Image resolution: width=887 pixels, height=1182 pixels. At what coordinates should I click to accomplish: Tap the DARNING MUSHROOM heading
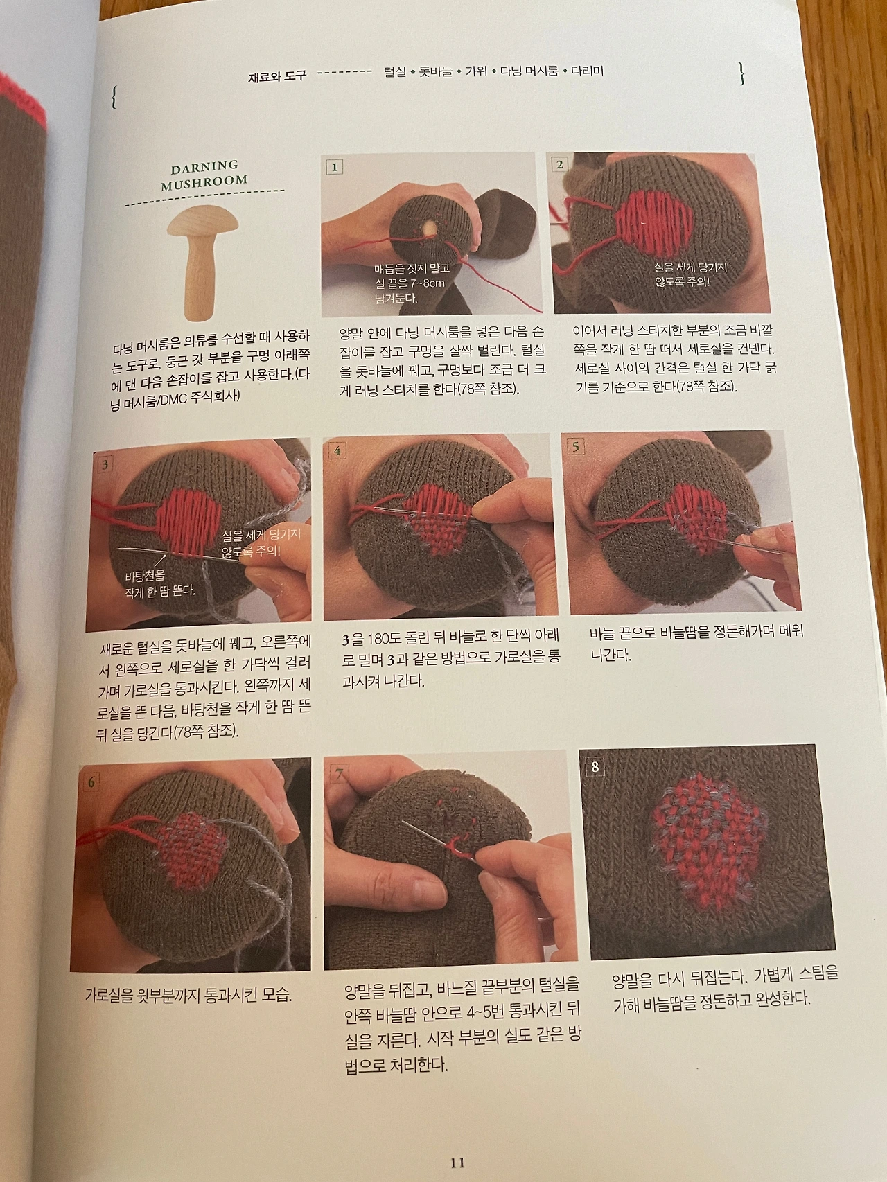204,173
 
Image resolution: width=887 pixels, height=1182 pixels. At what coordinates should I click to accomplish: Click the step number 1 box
334,166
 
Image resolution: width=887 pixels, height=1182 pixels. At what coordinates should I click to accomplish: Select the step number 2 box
559,164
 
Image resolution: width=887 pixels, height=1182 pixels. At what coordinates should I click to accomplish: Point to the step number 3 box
104,464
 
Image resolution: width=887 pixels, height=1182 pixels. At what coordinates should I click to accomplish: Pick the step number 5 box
576,446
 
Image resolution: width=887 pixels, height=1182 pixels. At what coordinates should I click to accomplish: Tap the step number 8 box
595,766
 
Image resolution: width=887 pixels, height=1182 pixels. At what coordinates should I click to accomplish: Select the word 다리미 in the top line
588,71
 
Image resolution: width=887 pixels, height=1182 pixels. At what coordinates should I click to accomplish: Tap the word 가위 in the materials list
476,71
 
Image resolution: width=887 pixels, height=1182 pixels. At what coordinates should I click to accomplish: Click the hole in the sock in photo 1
430,227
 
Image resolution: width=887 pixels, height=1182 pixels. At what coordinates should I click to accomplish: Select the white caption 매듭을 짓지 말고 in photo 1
412,268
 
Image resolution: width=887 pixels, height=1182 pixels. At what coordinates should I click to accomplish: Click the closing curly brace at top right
742,73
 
